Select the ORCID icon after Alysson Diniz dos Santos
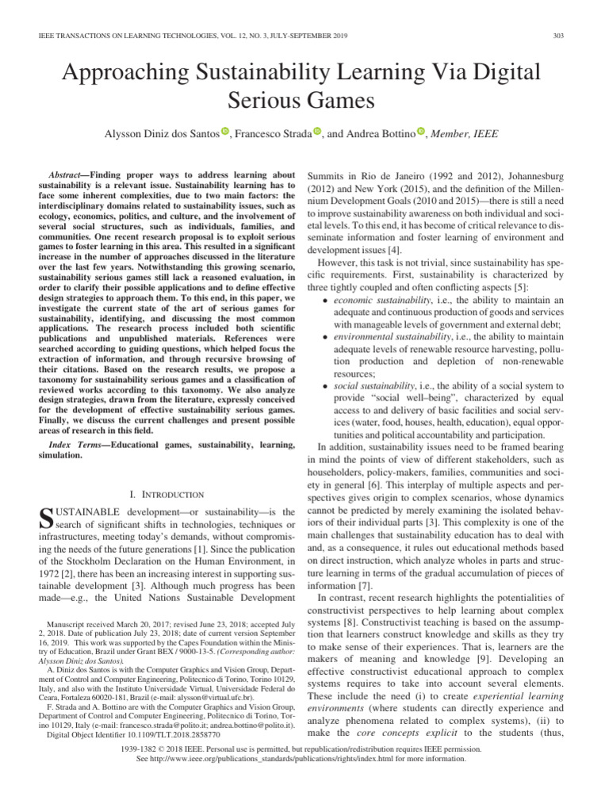coord(225,132)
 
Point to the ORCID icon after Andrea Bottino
coord(421,132)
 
